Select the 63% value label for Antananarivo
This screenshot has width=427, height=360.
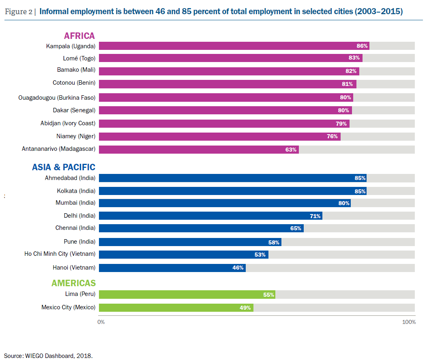point(291,150)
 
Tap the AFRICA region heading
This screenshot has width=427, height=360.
point(79,36)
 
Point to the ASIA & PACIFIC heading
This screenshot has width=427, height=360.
point(64,167)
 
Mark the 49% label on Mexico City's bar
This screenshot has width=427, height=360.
point(245,308)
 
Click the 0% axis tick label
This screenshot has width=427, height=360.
point(101,322)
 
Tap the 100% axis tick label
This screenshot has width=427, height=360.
point(409,322)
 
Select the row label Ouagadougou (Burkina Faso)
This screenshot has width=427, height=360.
point(57,97)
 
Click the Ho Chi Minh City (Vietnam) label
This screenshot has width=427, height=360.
point(60,254)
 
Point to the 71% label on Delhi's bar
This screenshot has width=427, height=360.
point(315,216)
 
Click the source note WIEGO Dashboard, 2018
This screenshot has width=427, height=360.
point(48,356)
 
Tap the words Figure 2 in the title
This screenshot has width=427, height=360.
point(19,11)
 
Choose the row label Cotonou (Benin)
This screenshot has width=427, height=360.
point(74,83)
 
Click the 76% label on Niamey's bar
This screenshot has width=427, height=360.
point(332,136)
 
